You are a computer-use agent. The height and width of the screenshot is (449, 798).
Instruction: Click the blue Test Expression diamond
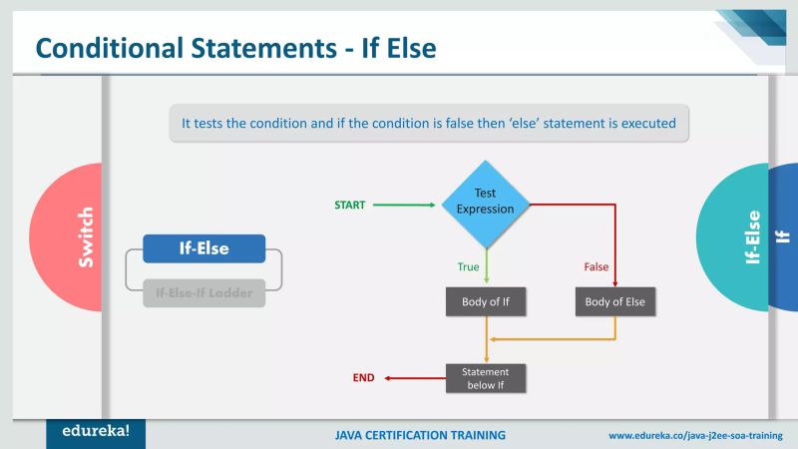point(485,204)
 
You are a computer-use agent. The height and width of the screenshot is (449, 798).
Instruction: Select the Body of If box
point(485,301)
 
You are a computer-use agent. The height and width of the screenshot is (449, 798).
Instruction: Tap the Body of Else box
point(615,301)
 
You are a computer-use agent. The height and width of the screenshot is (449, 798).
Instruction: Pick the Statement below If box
point(485,378)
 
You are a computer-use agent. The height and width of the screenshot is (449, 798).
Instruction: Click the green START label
point(349,205)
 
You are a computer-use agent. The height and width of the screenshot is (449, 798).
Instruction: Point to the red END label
point(364,378)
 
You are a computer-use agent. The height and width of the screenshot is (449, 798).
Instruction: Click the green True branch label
point(468,266)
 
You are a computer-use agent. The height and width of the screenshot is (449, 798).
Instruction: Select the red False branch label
point(596,266)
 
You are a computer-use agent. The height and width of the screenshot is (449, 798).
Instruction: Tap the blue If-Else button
point(203,248)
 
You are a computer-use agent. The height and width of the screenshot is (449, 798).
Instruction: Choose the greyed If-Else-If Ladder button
point(203,293)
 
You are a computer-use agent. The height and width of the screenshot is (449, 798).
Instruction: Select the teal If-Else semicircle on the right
point(738,237)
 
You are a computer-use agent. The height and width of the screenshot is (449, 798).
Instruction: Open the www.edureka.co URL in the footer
point(695,436)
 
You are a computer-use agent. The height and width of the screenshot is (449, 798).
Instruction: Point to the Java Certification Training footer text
point(420,436)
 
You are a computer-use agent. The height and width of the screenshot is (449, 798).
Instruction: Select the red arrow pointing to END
point(414,378)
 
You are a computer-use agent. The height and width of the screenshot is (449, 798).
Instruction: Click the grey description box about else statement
point(429,124)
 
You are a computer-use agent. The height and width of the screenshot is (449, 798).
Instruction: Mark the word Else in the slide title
point(408,47)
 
